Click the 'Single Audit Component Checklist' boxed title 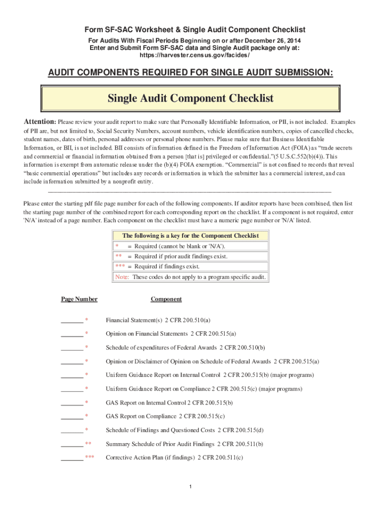[190, 99]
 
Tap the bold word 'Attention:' [40, 122]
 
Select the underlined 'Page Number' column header [79, 299]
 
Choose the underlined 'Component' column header [166, 299]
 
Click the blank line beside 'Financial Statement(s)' [72, 321]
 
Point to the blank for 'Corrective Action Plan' [72, 458]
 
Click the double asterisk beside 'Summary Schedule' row [89, 444]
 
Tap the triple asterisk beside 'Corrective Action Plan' [90, 458]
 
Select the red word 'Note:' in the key [122, 277]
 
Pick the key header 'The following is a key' [190, 236]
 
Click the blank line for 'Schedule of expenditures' [72, 348]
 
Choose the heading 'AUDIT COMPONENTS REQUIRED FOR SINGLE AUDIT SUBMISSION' [190, 73]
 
